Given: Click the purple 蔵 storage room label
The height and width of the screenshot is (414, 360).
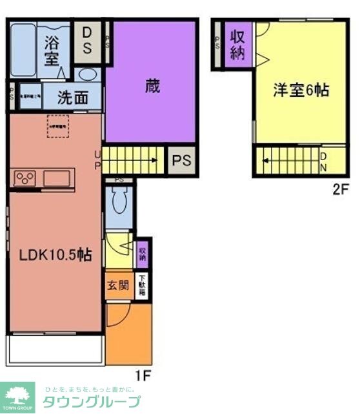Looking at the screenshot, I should tap(152, 87).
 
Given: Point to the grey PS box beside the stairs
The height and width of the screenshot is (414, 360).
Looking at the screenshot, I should tap(181, 161).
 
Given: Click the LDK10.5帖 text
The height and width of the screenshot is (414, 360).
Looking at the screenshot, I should tap(54, 254).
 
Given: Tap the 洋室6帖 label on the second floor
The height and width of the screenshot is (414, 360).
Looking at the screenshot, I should tap(301, 90).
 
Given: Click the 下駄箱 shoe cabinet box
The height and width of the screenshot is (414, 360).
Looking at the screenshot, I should tap(142, 286).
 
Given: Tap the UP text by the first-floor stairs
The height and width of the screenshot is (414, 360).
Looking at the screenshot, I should tap(98, 160).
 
